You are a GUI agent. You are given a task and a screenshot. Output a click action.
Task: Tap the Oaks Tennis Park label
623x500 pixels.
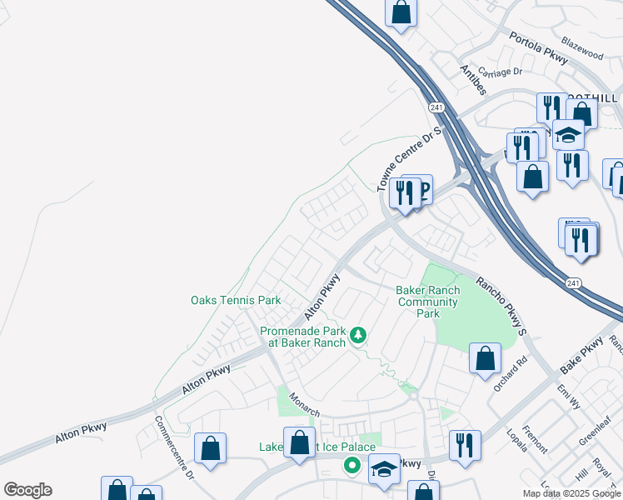tap(236, 300)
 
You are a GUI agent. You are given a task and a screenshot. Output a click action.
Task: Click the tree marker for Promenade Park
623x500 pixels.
tap(358, 335)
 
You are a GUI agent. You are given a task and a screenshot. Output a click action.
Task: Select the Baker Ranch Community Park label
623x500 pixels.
tap(427, 302)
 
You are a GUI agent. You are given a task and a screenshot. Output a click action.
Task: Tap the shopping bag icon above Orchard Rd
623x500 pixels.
tap(485, 359)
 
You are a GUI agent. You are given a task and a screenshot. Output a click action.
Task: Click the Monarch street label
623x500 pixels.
tap(305, 405)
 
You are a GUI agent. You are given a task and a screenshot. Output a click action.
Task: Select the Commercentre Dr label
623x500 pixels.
tap(174, 448)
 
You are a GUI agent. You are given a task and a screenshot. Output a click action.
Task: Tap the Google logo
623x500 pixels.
tap(27, 490)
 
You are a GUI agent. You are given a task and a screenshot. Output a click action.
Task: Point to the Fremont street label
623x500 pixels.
tap(535, 439)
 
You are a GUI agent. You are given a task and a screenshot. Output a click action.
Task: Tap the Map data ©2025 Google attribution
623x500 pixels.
tap(572, 493)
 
